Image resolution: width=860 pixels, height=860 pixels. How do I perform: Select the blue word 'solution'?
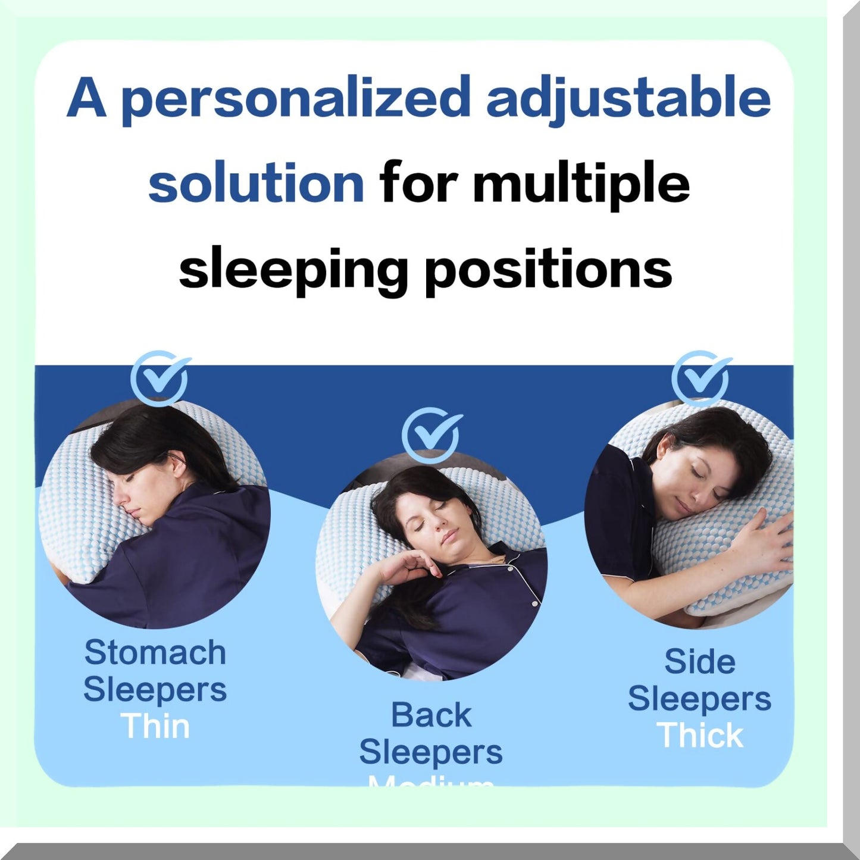tap(256, 184)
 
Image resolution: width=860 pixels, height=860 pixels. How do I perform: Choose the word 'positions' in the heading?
tap(548, 270)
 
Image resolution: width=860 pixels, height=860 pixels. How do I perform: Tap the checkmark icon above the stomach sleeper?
tap(160, 379)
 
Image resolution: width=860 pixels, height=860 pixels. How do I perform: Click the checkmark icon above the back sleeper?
tap(431, 435)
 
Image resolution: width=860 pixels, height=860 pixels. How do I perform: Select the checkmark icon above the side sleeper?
tap(700, 379)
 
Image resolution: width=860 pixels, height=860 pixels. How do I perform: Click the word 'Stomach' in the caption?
tap(155, 652)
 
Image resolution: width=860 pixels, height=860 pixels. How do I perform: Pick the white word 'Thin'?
tap(155, 726)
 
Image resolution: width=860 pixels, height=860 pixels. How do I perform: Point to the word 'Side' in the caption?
tap(699, 661)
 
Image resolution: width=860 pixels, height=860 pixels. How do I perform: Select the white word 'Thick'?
tap(699, 736)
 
